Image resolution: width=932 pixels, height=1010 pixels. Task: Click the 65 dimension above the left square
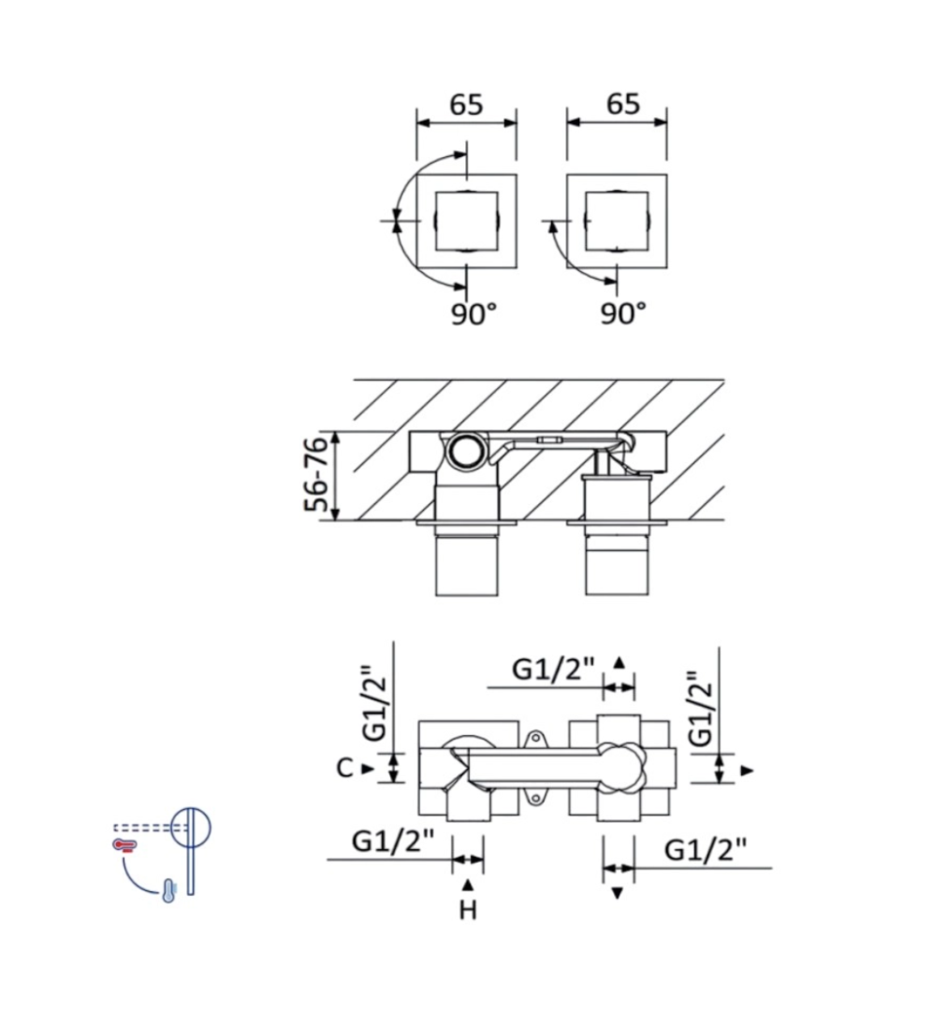coord(465,105)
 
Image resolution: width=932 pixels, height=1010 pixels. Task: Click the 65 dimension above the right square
coord(622,104)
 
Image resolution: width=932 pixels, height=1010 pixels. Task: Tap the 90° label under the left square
coord(473,313)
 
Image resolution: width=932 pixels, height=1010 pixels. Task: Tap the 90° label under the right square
coord(623,313)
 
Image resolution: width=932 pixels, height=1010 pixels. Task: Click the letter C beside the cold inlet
coord(345,768)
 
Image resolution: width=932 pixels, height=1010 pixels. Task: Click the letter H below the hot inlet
coord(468,910)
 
